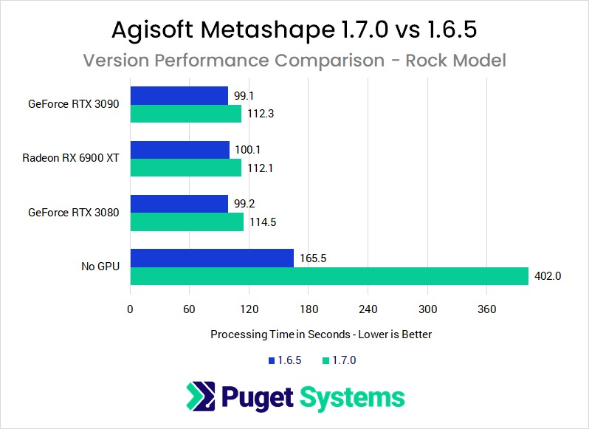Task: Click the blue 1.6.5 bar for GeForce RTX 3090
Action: click(x=179, y=95)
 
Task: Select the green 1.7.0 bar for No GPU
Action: click(x=329, y=276)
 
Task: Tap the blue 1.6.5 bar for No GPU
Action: click(x=212, y=258)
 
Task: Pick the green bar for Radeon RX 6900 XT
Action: click(x=185, y=168)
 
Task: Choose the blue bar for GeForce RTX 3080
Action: click(x=179, y=204)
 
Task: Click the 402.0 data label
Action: click(x=548, y=276)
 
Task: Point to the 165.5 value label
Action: click(x=312, y=258)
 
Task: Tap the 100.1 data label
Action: click(x=247, y=149)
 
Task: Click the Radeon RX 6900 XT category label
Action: click(x=71, y=158)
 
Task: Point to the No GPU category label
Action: click(x=100, y=267)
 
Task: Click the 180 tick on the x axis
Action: click(x=309, y=309)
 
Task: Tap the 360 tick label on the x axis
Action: click(x=487, y=309)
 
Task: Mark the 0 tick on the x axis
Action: click(x=131, y=309)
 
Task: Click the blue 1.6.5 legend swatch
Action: click(x=271, y=360)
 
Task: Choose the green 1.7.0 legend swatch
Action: click(x=326, y=360)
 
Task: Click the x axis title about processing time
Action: click(x=321, y=334)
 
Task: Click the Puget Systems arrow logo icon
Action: click(x=201, y=397)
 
